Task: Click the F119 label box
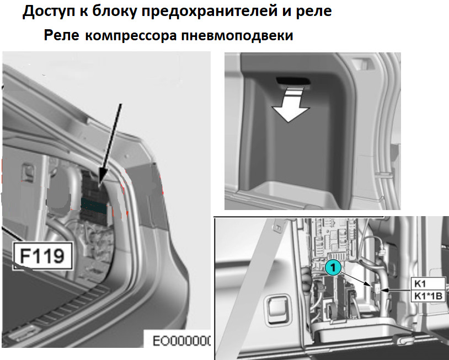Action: pyautogui.click(x=42, y=256)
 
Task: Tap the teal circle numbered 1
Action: pyautogui.click(x=333, y=268)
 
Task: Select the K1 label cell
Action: pyautogui.click(x=428, y=283)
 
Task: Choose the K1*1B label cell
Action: pyautogui.click(x=428, y=296)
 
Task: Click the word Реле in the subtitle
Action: pyautogui.click(x=61, y=35)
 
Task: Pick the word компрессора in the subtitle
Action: pyautogui.click(x=131, y=36)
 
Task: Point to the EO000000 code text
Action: pyautogui.click(x=181, y=341)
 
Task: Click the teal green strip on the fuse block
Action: pyautogui.click(x=94, y=206)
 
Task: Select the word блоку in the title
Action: pyautogui.click(x=115, y=12)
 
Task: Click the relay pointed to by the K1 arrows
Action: pyautogui.click(x=376, y=290)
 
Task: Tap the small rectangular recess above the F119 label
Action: pyautogui.click(x=28, y=172)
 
